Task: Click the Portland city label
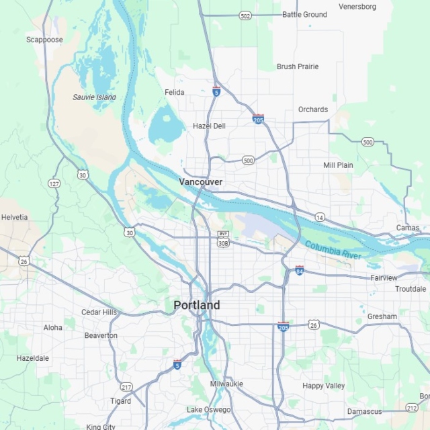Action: [x=196, y=305]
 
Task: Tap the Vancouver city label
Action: [x=200, y=182]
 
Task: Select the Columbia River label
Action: [x=333, y=250]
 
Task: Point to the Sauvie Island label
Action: [x=94, y=97]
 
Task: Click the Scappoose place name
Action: [x=44, y=40]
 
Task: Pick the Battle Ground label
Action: [x=304, y=14]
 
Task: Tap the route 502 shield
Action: [x=245, y=15]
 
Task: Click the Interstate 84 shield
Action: [x=299, y=270]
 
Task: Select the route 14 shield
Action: [x=320, y=217]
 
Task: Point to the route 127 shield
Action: [x=54, y=183]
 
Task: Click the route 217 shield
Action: [x=126, y=387]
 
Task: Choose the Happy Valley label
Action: [x=323, y=386]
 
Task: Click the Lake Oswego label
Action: [x=208, y=410]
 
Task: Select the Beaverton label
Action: [x=101, y=335]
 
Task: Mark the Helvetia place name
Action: [x=14, y=217]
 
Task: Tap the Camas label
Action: [x=407, y=228]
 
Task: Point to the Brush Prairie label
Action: [x=298, y=67]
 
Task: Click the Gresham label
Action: [x=382, y=316]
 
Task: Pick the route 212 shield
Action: [x=412, y=407]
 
